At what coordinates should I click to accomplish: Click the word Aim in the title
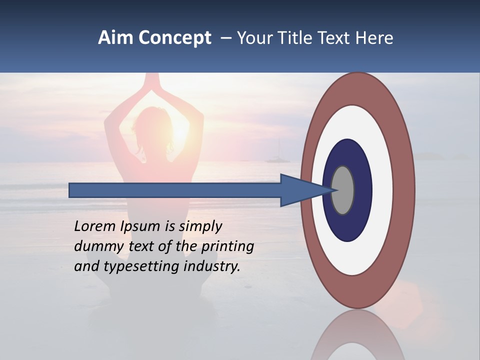[x=115, y=38]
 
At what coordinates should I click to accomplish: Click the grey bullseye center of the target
[x=343, y=190]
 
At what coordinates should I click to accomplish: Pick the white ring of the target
[x=382, y=190]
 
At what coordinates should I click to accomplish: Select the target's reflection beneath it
[x=357, y=337]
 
